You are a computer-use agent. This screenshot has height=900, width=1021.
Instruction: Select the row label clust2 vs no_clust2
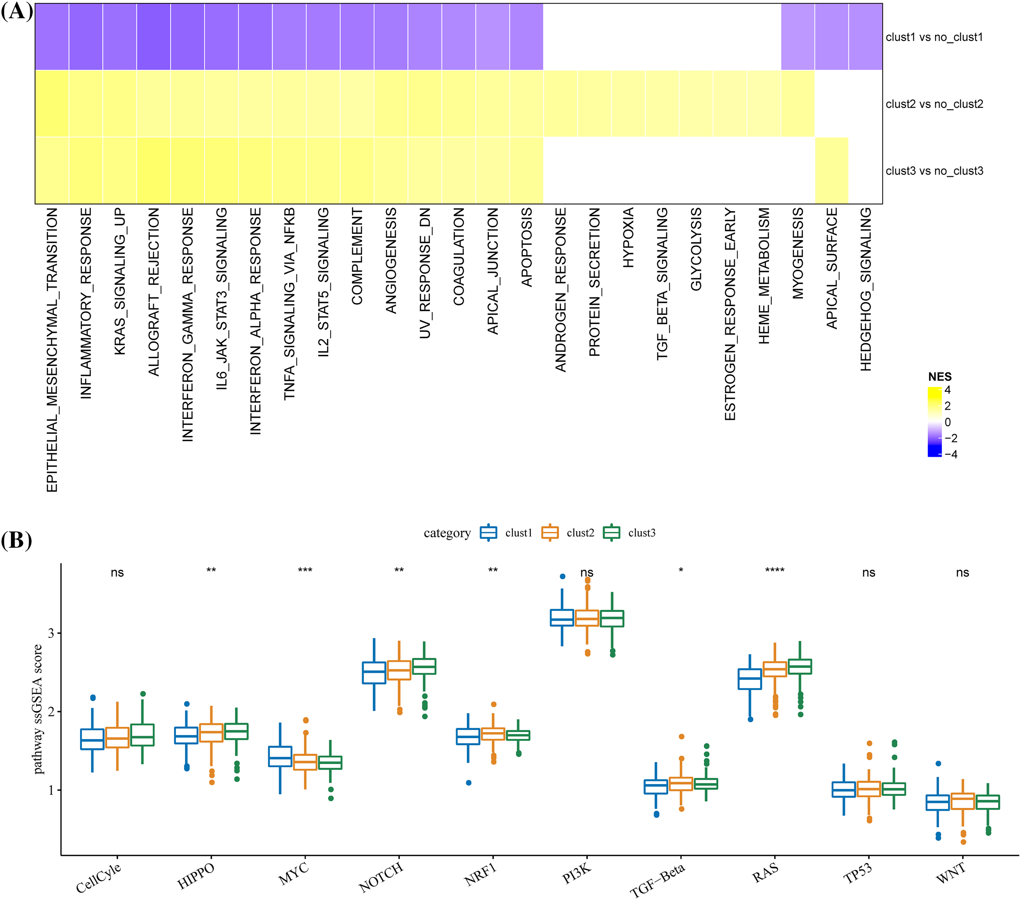point(934,104)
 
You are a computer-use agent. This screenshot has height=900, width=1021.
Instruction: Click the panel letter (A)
point(17,11)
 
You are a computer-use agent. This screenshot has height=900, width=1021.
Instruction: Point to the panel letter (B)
point(17,540)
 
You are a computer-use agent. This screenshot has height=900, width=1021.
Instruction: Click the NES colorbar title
point(940,376)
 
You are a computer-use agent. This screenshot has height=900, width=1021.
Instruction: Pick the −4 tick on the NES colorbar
point(951,454)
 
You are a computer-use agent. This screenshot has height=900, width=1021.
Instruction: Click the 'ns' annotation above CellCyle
point(117,573)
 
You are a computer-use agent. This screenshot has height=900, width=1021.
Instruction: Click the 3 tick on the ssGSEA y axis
point(51,633)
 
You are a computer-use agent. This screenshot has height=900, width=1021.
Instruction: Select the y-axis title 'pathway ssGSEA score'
point(38,709)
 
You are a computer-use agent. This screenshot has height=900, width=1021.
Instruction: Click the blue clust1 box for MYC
point(280,757)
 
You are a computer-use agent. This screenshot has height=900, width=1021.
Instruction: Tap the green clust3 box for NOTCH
point(424,666)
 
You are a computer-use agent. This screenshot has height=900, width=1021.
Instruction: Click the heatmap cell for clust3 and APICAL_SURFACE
point(831,170)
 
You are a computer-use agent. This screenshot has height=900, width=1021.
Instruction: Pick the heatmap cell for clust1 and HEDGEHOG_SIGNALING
point(865,37)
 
